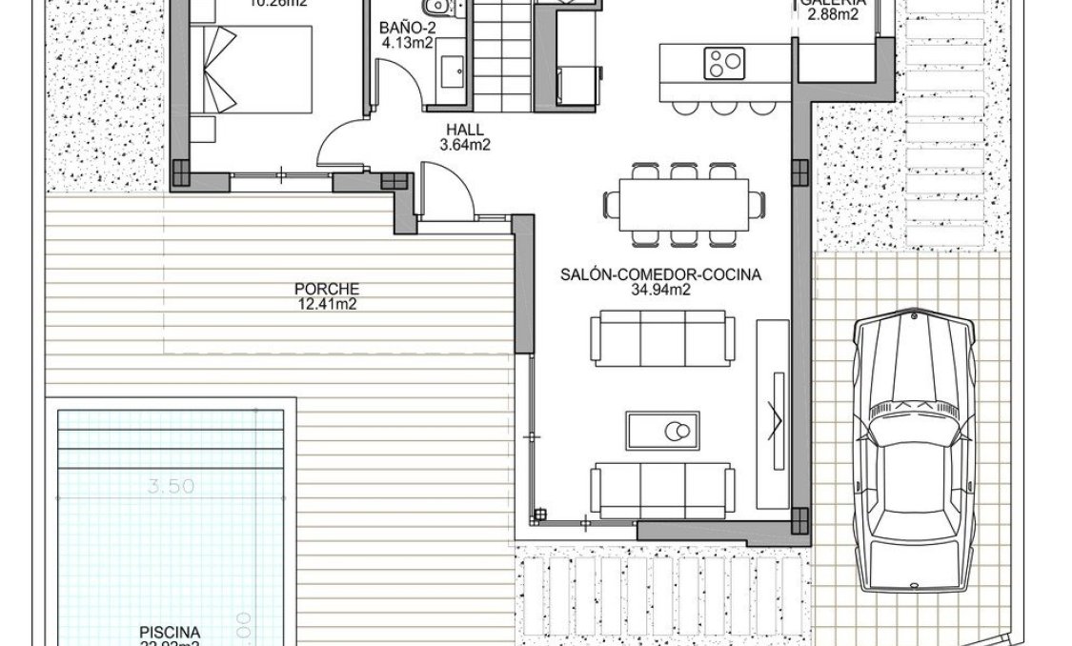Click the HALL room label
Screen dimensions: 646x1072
(465, 131)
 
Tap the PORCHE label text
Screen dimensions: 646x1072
(327, 289)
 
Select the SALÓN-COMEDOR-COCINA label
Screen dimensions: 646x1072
(660, 275)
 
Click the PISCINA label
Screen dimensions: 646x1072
(170, 632)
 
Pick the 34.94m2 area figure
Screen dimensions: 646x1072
(660, 291)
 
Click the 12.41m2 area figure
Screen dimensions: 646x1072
(327, 304)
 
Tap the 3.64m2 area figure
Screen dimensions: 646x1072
(465, 146)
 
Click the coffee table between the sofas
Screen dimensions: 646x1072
(662, 431)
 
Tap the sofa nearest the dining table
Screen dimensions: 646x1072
(663, 337)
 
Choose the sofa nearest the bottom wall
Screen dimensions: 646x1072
(663, 490)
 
